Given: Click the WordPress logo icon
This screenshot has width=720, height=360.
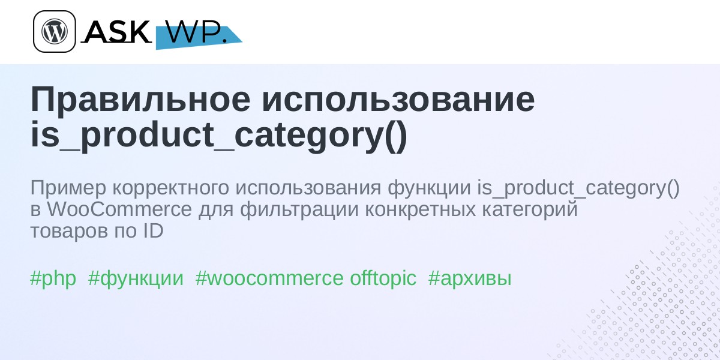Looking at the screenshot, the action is (x=55, y=31).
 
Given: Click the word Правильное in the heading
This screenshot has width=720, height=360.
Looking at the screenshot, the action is (x=140, y=100).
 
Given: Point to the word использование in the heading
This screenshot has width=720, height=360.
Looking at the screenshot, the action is (x=398, y=100).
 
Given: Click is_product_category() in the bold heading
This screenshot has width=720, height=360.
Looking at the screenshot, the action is (x=218, y=136).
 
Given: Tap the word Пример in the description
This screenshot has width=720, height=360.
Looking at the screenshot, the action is (x=68, y=188).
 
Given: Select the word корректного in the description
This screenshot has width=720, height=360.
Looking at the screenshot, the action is (x=170, y=188).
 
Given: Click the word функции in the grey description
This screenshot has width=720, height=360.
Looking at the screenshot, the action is (x=429, y=188).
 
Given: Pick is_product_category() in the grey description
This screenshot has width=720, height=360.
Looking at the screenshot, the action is (x=578, y=188).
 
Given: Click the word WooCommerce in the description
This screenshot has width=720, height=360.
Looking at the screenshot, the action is (x=119, y=209).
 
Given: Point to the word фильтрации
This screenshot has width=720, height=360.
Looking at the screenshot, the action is (x=299, y=209).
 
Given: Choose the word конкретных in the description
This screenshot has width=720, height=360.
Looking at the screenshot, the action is (x=421, y=209).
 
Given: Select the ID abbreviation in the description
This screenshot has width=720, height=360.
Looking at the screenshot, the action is (x=154, y=231).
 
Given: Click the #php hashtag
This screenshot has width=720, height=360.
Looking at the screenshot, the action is (x=53, y=278).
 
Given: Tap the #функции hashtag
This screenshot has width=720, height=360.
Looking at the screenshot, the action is (x=136, y=278).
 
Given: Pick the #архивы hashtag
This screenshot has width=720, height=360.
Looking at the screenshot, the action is (x=470, y=278).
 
